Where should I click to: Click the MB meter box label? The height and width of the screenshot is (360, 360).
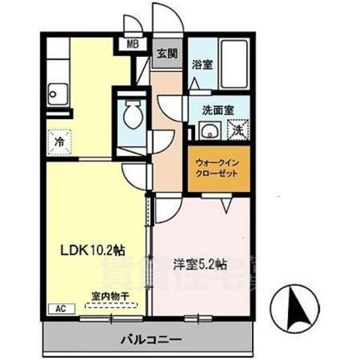(132, 43)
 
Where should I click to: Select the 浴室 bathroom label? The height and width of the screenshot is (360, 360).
(200, 64)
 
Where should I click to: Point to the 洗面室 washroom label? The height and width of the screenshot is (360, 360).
(217, 109)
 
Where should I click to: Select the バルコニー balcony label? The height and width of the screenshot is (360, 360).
(151, 339)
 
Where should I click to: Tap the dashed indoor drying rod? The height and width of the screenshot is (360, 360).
(109, 304)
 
